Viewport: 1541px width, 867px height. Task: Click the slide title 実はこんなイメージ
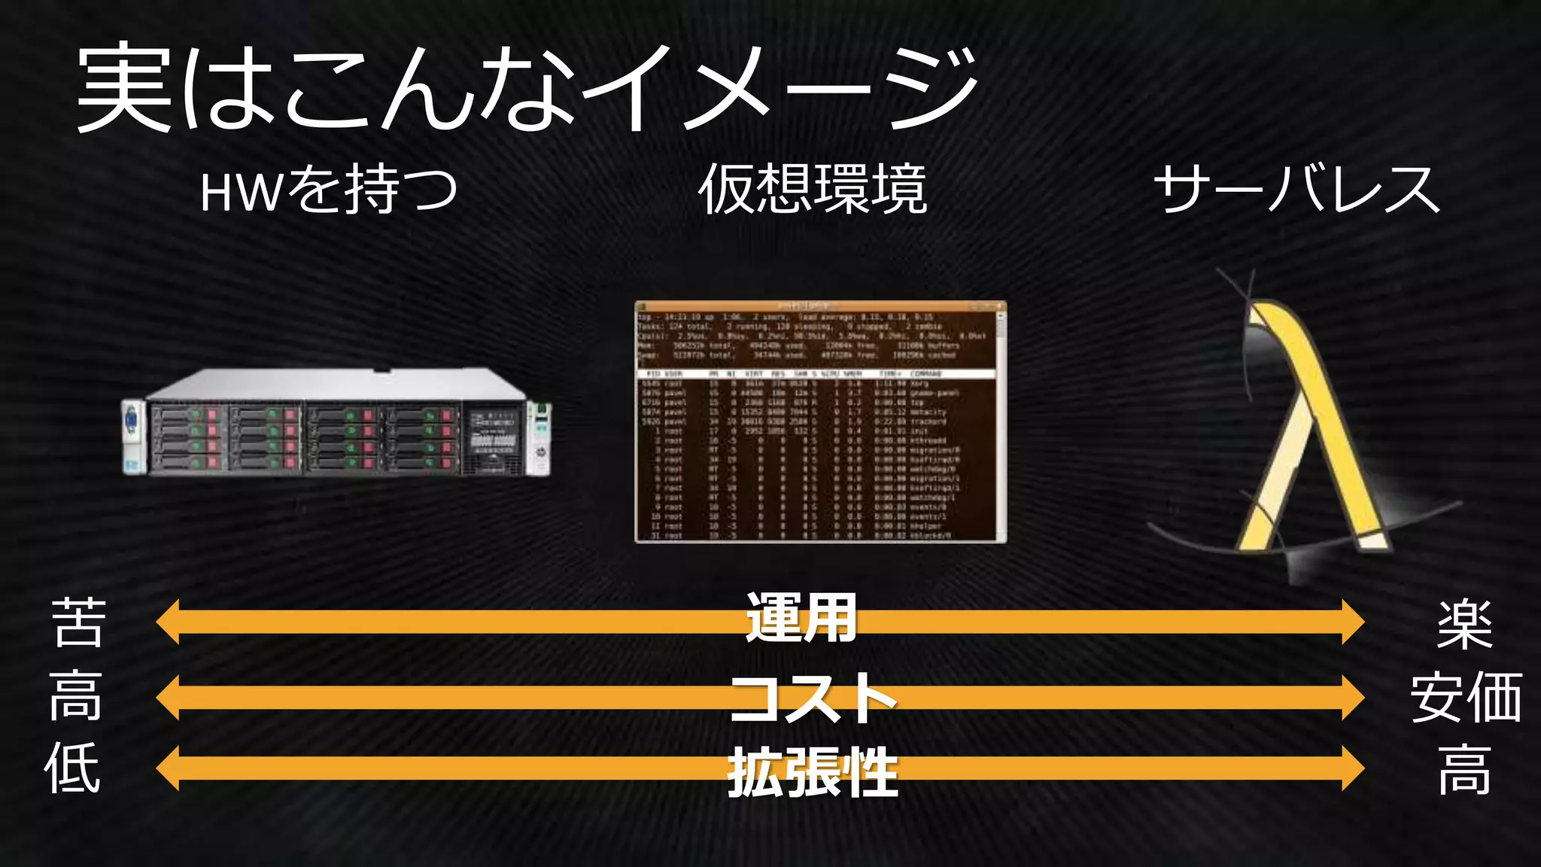coord(527,89)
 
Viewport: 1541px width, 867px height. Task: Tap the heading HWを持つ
coord(329,190)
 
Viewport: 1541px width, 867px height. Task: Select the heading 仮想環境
coord(813,190)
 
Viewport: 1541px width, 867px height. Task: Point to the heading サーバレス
coord(1296,190)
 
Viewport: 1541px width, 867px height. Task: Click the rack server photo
coord(336,423)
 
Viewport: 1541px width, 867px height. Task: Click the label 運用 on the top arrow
coord(801,619)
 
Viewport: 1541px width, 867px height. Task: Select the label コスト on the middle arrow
coord(813,697)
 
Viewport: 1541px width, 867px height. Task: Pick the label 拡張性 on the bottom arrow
coord(813,771)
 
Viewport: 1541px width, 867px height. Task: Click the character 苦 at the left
coord(78,622)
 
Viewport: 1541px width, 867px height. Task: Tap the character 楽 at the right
coord(1464,624)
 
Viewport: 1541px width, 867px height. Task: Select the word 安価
coord(1466,698)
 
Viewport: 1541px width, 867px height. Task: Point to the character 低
coord(72,768)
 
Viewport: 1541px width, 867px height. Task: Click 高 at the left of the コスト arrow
coord(75,696)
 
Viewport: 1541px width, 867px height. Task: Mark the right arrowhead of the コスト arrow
coord(1352,697)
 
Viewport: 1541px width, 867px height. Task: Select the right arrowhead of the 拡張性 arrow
coord(1352,768)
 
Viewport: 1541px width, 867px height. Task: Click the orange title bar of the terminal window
coord(820,306)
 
